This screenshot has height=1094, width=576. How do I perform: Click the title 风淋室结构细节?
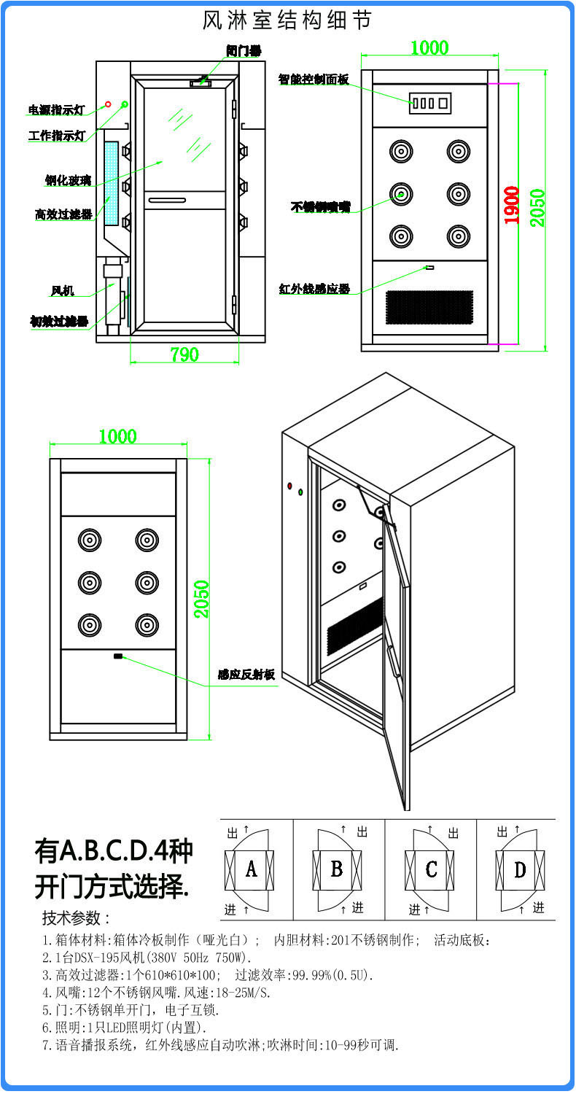click(287, 20)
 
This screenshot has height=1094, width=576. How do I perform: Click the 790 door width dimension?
click(184, 354)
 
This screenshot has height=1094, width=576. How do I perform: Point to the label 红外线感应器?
click(314, 289)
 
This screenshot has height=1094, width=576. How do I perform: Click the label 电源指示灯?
click(56, 110)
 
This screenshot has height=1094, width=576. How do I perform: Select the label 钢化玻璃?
click(68, 180)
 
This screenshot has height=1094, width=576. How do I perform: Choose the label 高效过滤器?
click(63, 214)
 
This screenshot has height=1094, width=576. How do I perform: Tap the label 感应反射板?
click(246, 675)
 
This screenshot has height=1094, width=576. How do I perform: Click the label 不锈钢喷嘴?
click(320, 207)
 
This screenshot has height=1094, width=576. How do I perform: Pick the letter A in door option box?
click(251, 869)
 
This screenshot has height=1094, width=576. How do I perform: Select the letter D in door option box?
click(520, 869)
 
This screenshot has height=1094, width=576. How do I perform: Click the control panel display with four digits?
click(429, 103)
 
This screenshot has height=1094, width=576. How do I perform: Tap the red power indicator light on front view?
click(108, 104)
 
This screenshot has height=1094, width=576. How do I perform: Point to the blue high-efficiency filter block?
click(112, 182)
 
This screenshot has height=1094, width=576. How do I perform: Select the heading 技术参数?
click(76, 918)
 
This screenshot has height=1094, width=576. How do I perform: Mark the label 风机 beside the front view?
click(62, 291)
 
